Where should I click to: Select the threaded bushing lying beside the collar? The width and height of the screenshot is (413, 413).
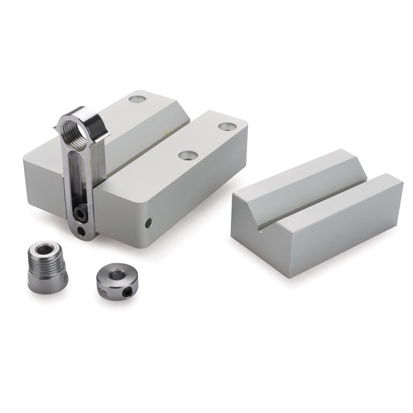[x=48, y=266]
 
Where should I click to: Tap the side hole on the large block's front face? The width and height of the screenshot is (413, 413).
[x=150, y=224]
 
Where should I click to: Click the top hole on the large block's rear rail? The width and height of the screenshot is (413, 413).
[x=136, y=100]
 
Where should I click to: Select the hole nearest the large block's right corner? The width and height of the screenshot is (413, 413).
[x=226, y=126]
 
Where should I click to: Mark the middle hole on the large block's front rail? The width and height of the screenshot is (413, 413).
[x=187, y=155]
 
